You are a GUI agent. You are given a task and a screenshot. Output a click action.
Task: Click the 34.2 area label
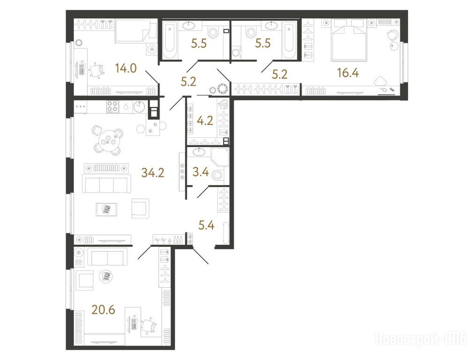[x=153, y=173]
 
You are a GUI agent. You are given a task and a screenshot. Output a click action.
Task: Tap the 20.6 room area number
[x=104, y=310]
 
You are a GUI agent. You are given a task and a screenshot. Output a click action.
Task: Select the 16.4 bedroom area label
[x=348, y=73]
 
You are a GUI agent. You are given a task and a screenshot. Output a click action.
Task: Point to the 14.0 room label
[x=126, y=69]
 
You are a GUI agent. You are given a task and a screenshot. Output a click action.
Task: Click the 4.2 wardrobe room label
[x=205, y=121]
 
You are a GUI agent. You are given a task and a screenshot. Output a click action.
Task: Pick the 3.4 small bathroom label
[x=201, y=172]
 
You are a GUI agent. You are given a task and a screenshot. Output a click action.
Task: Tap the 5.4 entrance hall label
[x=207, y=225]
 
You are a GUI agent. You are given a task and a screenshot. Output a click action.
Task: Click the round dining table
[x=109, y=140]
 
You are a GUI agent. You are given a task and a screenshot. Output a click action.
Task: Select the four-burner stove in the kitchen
[x=112, y=107]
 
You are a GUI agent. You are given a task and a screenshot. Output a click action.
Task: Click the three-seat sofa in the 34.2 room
[x=106, y=184]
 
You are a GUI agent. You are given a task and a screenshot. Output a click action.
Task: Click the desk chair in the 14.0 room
[x=97, y=71]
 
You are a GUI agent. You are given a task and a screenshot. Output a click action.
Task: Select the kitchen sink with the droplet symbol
[x=125, y=107]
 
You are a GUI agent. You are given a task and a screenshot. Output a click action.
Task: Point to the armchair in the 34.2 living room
[x=140, y=209]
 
